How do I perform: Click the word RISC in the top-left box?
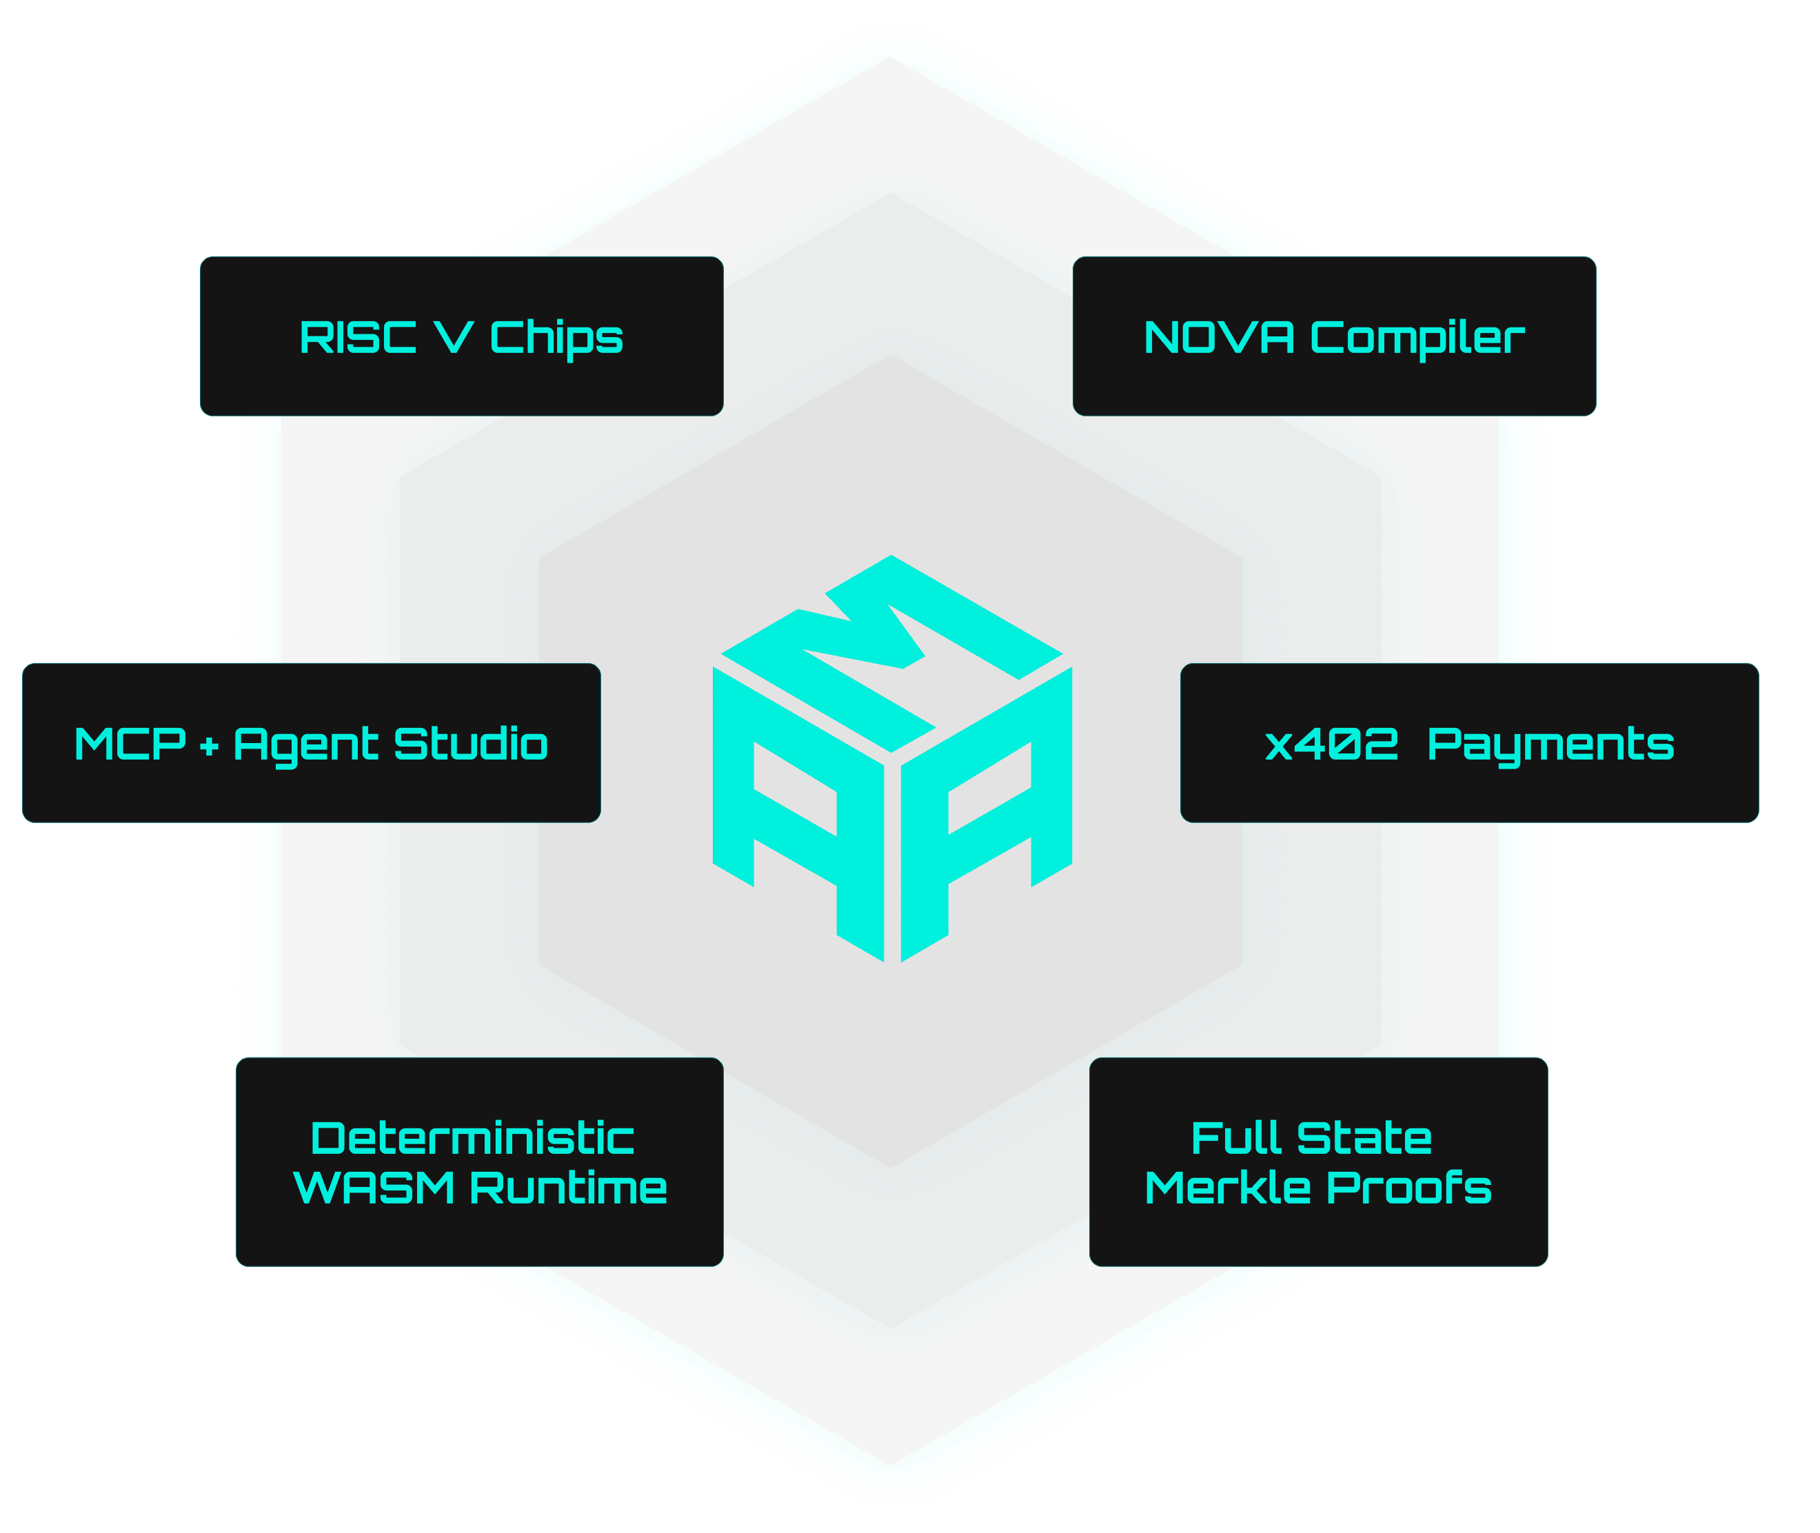(357, 337)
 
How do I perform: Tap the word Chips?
(556, 338)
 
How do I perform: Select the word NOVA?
(1219, 337)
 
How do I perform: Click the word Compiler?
(1417, 338)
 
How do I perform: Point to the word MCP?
(130, 744)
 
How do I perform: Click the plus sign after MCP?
(209, 747)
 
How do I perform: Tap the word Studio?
(470, 744)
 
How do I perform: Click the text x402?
(1331, 744)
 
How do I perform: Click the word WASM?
(374, 1188)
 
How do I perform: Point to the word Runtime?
(569, 1188)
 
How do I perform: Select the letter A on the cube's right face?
(987, 826)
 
